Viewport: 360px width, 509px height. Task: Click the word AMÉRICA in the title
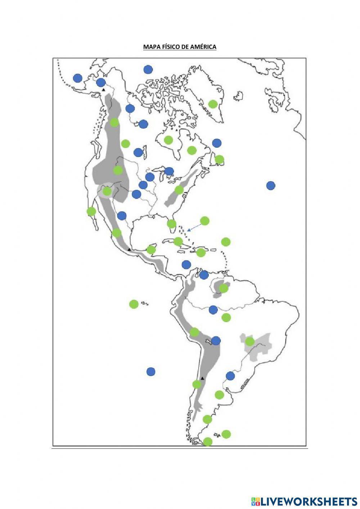point(203,47)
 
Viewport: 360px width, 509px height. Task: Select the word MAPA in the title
point(150,47)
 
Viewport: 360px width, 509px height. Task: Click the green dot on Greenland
point(213,104)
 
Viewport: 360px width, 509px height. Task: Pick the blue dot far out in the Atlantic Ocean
point(271,186)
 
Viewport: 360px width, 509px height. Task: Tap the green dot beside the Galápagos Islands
point(134,304)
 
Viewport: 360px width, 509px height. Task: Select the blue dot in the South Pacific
point(151,371)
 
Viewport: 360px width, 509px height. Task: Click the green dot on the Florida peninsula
point(172,224)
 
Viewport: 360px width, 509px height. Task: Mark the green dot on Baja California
point(91,211)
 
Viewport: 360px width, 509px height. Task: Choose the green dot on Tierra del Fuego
point(208,442)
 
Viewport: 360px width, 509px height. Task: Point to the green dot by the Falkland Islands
point(226,434)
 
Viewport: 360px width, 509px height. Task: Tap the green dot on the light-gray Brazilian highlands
point(249,341)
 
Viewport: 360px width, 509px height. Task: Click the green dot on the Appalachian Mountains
point(179,189)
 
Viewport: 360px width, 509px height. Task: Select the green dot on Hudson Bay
point(168,139)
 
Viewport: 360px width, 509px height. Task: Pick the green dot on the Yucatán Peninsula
point(151,249)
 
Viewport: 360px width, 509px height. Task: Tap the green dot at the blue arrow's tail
point(204,220)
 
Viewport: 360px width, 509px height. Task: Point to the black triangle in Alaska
point(104,89)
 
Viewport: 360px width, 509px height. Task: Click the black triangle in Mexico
point(129,249)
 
